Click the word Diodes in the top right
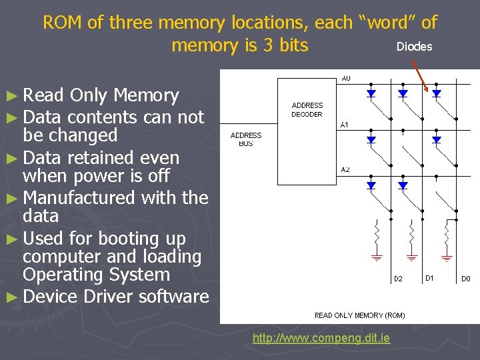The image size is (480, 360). [x=414, y=47]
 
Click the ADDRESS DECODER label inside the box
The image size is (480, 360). [x=307, y=109]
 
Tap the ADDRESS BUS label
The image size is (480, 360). [x=246, y=139]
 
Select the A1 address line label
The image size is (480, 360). [x=345, y=125]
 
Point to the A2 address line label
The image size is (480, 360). [x=345, y=170]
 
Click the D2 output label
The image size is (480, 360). [x=398, y=279]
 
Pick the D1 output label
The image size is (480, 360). [x=430, y=277]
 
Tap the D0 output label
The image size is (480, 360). [x=466, y=279]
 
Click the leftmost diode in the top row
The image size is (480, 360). [x=371, y=94]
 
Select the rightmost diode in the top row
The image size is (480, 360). [x=436, y=94]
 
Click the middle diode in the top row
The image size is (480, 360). [x=403, y=94]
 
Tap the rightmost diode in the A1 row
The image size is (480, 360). [x=436, y=140]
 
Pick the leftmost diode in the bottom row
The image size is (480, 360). [x=371, y=185]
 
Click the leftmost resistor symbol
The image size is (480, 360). [x=378, y=233]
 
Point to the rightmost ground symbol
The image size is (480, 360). [x=446, y=256]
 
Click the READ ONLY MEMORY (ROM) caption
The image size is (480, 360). [x=359, y=315]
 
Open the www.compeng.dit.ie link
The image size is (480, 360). [x=321, y=339]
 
